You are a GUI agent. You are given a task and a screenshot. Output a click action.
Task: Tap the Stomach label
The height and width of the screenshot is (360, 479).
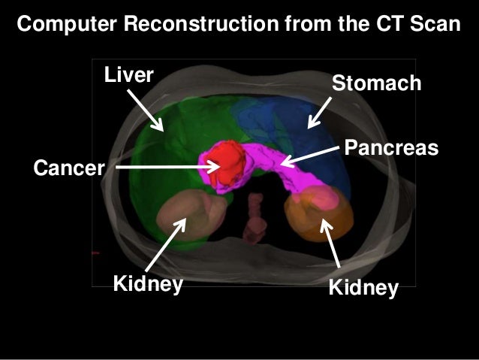pyautogui.click(x=377, y=83)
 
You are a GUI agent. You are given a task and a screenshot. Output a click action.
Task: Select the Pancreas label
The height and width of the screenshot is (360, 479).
pyautogui.click(x=390, y=147)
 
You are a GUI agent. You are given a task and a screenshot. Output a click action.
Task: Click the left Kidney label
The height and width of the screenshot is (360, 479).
pyautogui.click(x=148, y=285)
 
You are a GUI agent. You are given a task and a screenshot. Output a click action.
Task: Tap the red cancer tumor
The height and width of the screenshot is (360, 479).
pyautogui.click(x=223, y=162)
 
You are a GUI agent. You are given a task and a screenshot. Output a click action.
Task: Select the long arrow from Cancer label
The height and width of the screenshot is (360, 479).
pyautogui.click(x=165, y=168)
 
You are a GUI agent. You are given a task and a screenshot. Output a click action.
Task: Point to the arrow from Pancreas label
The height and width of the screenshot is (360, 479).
pyautogui.click(x=309, y=154)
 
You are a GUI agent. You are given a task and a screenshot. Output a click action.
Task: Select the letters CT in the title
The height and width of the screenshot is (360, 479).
pyautogui.click(x=385, y=24)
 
